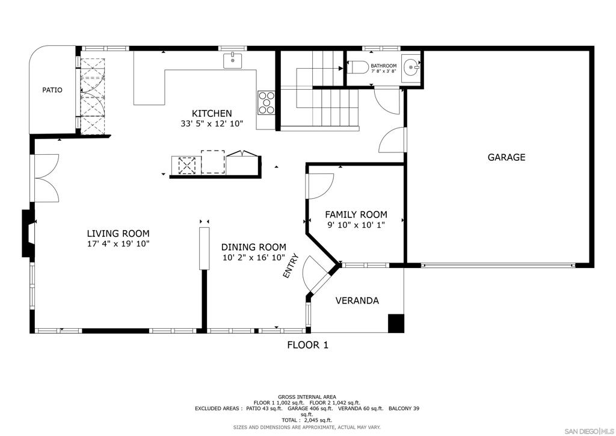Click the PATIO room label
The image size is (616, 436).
[52, 90]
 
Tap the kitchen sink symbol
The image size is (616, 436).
[233, 61]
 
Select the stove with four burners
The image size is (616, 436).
[266, 102]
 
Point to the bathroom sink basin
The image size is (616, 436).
[411, 67]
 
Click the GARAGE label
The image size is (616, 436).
[507, 157]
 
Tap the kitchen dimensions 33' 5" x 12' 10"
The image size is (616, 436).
[212, 123]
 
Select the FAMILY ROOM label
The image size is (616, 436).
[356, 214]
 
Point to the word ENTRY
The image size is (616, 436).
[291, 266]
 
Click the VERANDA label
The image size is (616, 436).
[357, 301]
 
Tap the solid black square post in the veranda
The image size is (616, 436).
[396, 323]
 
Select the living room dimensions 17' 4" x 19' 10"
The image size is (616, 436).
[119, 244]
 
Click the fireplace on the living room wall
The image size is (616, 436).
[28, 234]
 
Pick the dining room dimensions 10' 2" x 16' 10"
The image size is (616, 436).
[254, 258]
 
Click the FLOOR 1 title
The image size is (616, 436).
[307, 345]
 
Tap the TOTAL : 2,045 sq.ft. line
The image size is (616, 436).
[307, 420]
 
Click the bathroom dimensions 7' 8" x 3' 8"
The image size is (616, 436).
[383, 71]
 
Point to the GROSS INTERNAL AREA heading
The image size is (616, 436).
[307, 397]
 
